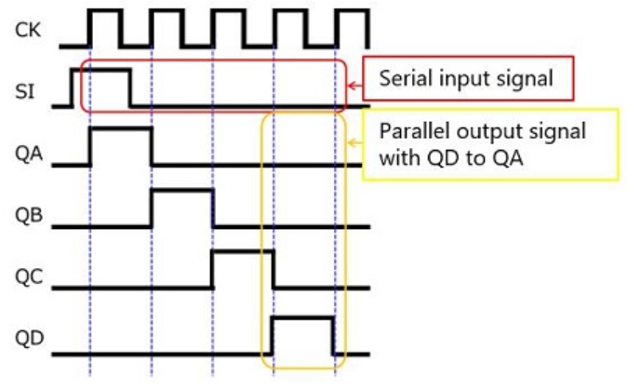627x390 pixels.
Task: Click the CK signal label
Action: pyautogui.click(x=27, y=28)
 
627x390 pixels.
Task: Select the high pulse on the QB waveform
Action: pyautogui.click(x=182, y=192)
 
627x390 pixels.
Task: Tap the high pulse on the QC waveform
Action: pyautogui.click(x=243, y=252)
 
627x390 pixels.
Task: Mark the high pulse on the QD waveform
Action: pyautogui.click(x=302, y=318)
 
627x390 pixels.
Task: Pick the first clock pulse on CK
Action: pyautogui.click(x=105, y=12)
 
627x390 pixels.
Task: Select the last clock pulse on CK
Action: pyautogui.click(x=350, y=12)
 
